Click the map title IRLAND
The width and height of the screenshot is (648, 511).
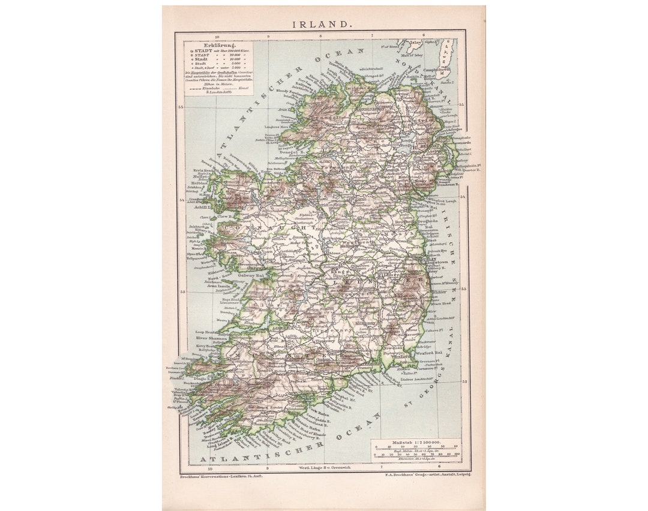point(322,25)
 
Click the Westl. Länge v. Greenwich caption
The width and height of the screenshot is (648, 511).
point(325,467)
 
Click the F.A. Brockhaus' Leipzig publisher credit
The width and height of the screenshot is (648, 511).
point(428,474)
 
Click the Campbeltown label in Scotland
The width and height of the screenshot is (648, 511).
point(437,70)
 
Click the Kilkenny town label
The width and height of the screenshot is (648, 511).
point(364,322)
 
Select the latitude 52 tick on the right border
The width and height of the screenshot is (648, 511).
point(464,381)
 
